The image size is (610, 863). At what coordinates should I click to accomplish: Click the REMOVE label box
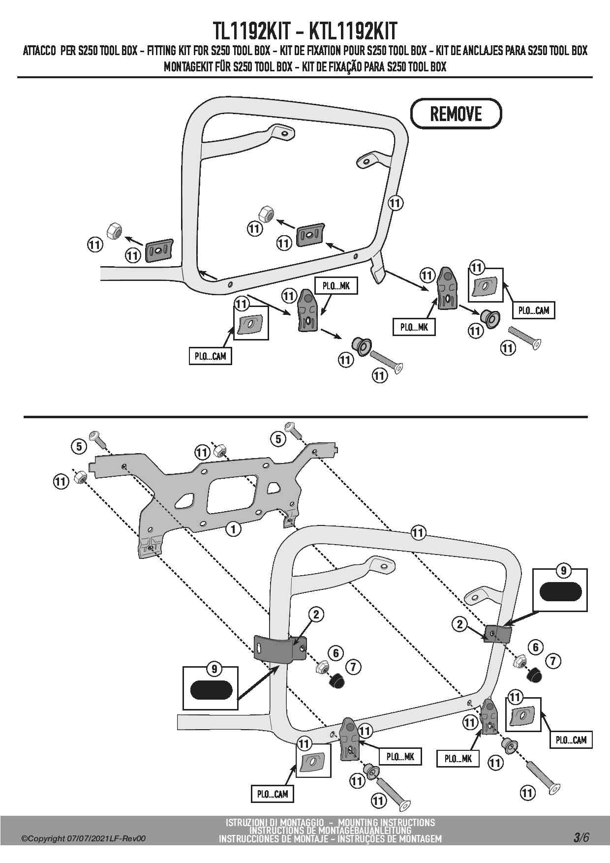pos(456,114)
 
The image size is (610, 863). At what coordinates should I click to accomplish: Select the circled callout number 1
pos(233,529)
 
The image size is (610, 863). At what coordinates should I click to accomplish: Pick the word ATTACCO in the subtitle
pos(40,51)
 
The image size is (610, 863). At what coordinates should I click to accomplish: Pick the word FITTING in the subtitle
pos(163,51)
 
